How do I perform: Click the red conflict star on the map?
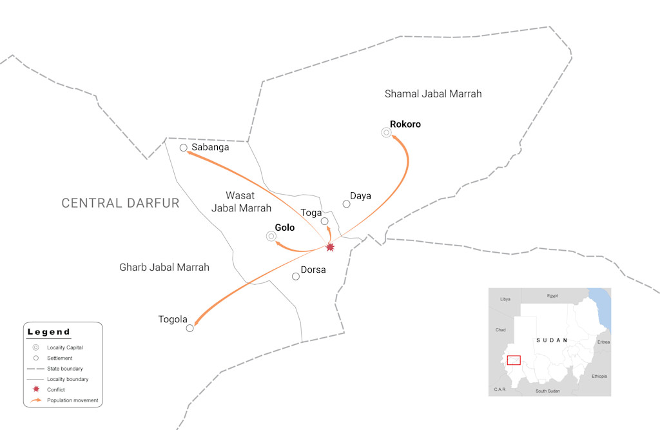(331, 247)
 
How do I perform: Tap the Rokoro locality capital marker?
(386, 133)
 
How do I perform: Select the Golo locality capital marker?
(271, 237)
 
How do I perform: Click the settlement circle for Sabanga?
(184, 148)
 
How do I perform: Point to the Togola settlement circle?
(189, 328)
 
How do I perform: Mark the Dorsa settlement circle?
(296, 277)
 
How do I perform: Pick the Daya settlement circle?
(346, 204)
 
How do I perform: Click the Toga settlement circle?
(325, 221)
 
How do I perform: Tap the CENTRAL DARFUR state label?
(121, 203)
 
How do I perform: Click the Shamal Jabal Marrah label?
(433, 94)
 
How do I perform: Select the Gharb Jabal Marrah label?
(164, 267)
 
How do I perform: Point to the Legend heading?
(49, 332)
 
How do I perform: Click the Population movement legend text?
(73, 400)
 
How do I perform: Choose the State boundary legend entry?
(64, 369)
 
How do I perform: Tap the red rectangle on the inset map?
(514, 360)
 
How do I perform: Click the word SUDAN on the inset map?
(552, 340)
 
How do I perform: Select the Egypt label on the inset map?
(552, 296)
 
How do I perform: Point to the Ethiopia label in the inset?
(599, 376)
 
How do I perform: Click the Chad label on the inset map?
(501, 330)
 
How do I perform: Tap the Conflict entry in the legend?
(56, 390)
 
